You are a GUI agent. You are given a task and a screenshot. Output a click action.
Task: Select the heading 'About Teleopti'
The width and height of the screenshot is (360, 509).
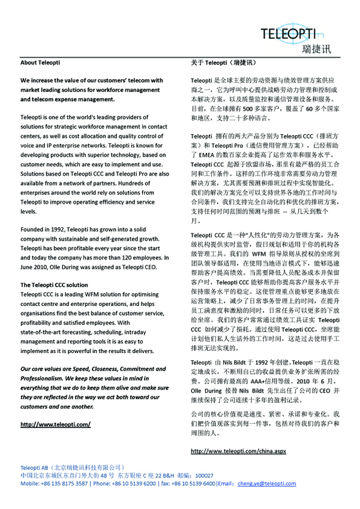click(41, 62)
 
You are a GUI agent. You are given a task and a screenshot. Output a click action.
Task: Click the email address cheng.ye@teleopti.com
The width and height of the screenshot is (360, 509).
click(263, 483)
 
